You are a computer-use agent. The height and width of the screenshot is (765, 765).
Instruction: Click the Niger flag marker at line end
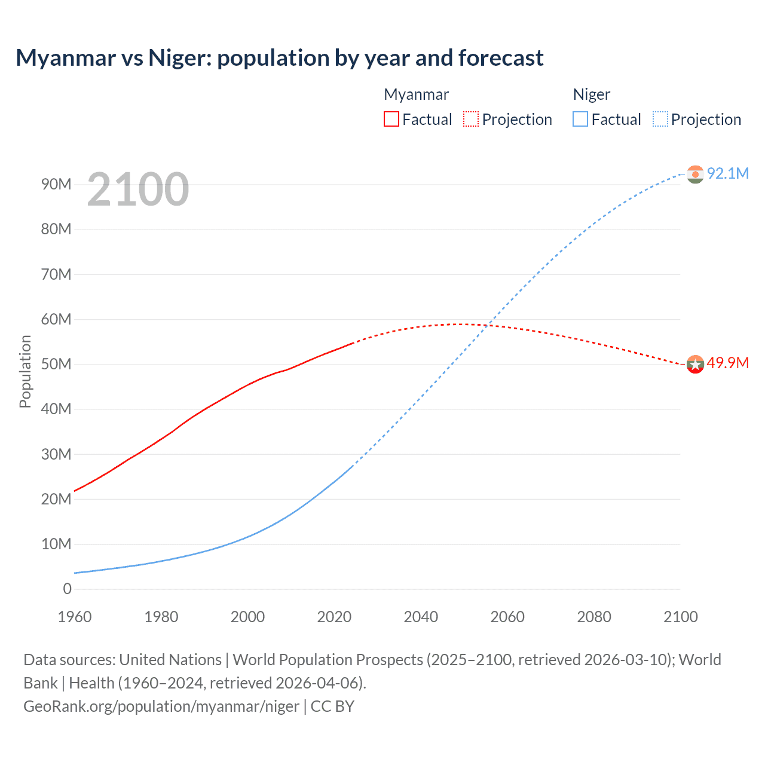coord(695,175)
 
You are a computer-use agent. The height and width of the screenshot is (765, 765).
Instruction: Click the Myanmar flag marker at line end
coord(695,364)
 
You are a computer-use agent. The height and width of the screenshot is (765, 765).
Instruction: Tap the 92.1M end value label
coord(727,173)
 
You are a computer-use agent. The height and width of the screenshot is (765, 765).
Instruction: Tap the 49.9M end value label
coord(727,363)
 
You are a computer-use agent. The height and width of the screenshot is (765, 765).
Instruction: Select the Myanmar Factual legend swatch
coord(391,119)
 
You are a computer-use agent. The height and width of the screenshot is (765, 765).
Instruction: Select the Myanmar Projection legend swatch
coord(471,119)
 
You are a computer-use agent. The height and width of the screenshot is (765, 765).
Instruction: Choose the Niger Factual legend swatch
coord(580,119)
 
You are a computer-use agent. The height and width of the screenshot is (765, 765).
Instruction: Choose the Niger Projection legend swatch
coord(660,119)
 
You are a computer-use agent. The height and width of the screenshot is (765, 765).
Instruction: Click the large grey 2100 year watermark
coord(138,189)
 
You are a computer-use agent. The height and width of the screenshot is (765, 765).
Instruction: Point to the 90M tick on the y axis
coord(56,184)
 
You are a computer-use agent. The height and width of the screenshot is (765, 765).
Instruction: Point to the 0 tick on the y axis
coord(67,589)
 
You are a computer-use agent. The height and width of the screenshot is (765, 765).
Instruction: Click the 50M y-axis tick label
coord(56,364)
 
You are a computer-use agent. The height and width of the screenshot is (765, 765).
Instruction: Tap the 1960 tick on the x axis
coord(75,617)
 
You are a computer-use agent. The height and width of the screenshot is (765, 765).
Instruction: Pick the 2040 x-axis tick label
coord(421,617)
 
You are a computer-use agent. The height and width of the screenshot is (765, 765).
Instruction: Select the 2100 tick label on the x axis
coord(680,617)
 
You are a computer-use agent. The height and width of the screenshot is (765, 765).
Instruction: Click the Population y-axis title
coord(25,371)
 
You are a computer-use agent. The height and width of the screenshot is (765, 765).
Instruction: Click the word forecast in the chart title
coord(501,58)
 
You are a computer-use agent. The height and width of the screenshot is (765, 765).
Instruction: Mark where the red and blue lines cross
coord(489,325)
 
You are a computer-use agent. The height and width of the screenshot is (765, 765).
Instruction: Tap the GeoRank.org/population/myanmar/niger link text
coord(161,706)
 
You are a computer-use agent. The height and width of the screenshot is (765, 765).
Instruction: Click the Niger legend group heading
coord(591,94)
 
